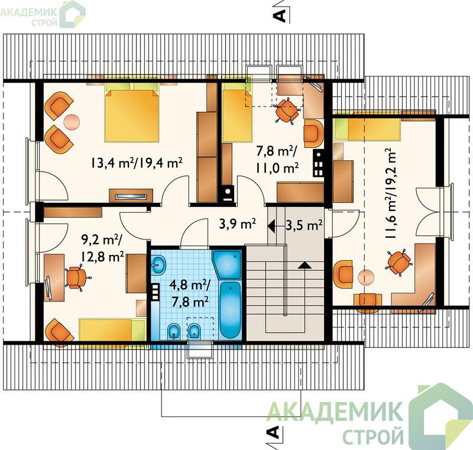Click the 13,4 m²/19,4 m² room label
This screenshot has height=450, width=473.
(x=136, y=163)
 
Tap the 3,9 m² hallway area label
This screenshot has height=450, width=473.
(x=238, y=224)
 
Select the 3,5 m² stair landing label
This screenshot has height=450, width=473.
(x=304, y=225)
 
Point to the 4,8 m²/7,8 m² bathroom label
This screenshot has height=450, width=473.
(x=189, y=293)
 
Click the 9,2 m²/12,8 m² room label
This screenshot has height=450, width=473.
(x=102, y=248)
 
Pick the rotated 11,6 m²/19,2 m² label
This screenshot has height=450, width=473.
(x=391, y=193)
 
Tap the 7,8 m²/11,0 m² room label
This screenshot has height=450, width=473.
(x=277, y=159)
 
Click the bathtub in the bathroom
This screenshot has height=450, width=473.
(x=231, y=310)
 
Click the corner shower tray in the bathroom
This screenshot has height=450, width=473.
(x=227, y=264)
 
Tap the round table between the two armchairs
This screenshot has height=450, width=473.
(x=72, y=122)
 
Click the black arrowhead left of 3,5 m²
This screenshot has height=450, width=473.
(x=271, y=225)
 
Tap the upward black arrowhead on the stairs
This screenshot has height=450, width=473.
(x=305, y=265)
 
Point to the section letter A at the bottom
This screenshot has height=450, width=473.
(x=273, y=432)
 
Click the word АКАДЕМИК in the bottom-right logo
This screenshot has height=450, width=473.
(x=335, y=412)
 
